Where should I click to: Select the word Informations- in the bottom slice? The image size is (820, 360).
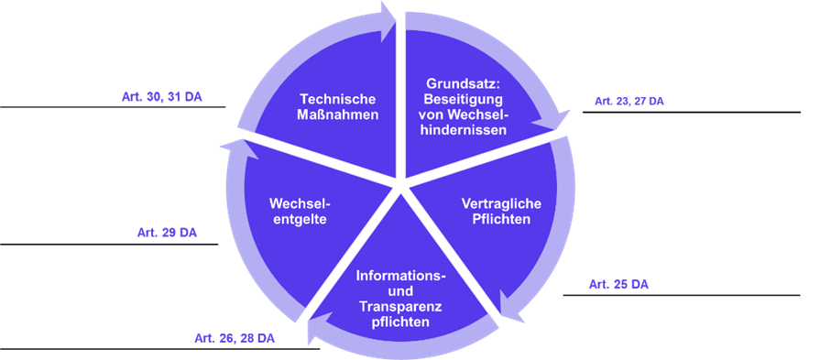point(400,276)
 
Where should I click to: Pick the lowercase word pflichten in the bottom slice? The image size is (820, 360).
point(400,323)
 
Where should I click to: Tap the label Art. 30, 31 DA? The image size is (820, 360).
point(162,96)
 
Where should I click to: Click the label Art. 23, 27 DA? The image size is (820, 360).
point(629,102)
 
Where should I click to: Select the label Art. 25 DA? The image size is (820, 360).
point(618,285)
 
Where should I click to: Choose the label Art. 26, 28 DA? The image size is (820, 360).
point(235,339)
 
